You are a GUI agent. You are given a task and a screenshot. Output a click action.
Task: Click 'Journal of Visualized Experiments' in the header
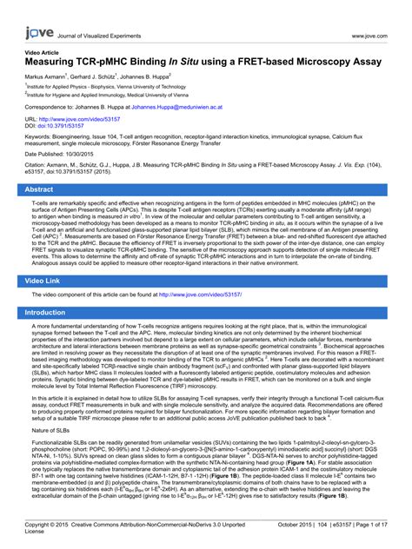pos(101,35)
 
